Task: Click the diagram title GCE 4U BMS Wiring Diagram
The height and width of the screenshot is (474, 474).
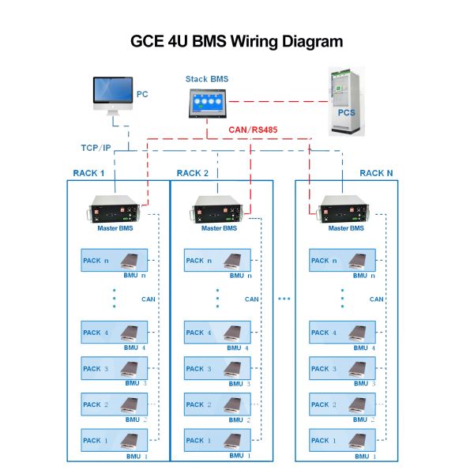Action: click(236, 41)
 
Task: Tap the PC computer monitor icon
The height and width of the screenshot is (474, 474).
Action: click(114, 95)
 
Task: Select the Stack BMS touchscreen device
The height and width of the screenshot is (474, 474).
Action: click(208, 103)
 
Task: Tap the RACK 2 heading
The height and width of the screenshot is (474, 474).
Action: click(193, 173)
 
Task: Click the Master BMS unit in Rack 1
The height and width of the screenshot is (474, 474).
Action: click(117, 212)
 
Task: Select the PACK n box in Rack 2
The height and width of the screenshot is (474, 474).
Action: click(217, 261)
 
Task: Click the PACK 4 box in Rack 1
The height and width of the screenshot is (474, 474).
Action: click(115, 333)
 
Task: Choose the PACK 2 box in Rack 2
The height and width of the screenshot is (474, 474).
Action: click(217, 404)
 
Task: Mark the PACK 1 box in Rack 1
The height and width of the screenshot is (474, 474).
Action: click(115, 440)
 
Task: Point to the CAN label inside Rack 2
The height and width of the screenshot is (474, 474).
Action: click(251, 299)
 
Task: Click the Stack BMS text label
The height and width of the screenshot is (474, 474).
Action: click(207, 79)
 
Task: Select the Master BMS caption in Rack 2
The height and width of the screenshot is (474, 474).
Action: click(219, 228)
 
